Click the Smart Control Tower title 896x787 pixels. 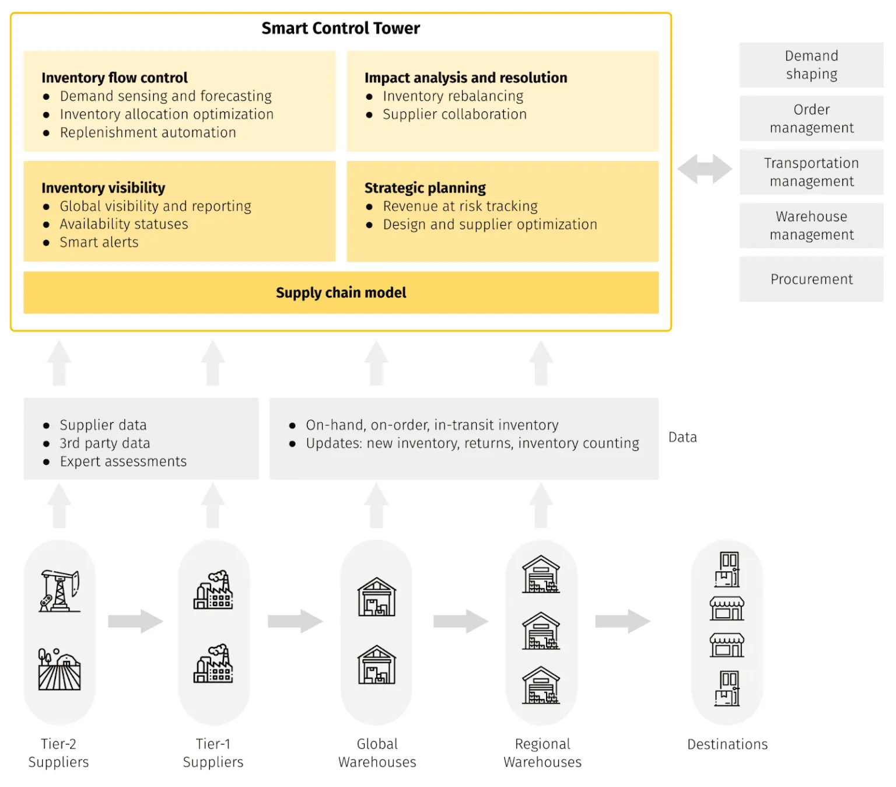coord(340,28)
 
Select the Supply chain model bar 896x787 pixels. coord(341,292)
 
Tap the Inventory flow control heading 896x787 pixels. coord(114,78)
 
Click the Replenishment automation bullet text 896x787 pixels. coord(148,132)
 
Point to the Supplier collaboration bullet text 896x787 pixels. coord(454,114)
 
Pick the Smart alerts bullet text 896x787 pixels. coord(99,242)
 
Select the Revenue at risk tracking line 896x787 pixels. coord(460,206)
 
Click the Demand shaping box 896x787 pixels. coord(811,65)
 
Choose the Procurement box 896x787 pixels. coord(811,279)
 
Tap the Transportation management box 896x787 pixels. coord(811,172)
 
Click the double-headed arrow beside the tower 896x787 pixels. coord(705,169)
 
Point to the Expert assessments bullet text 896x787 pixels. coord(123,461)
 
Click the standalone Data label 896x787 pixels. coord(682,438)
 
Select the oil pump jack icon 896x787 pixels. coord(60,590)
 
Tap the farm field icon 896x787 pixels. coord(60,669)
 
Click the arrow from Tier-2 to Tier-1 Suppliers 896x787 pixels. coord(135,621)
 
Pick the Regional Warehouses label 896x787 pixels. coord(542,753)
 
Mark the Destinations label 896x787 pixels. coord(727,744)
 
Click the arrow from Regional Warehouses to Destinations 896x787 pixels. coord(622,621)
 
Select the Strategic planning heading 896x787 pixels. coord(425,188)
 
